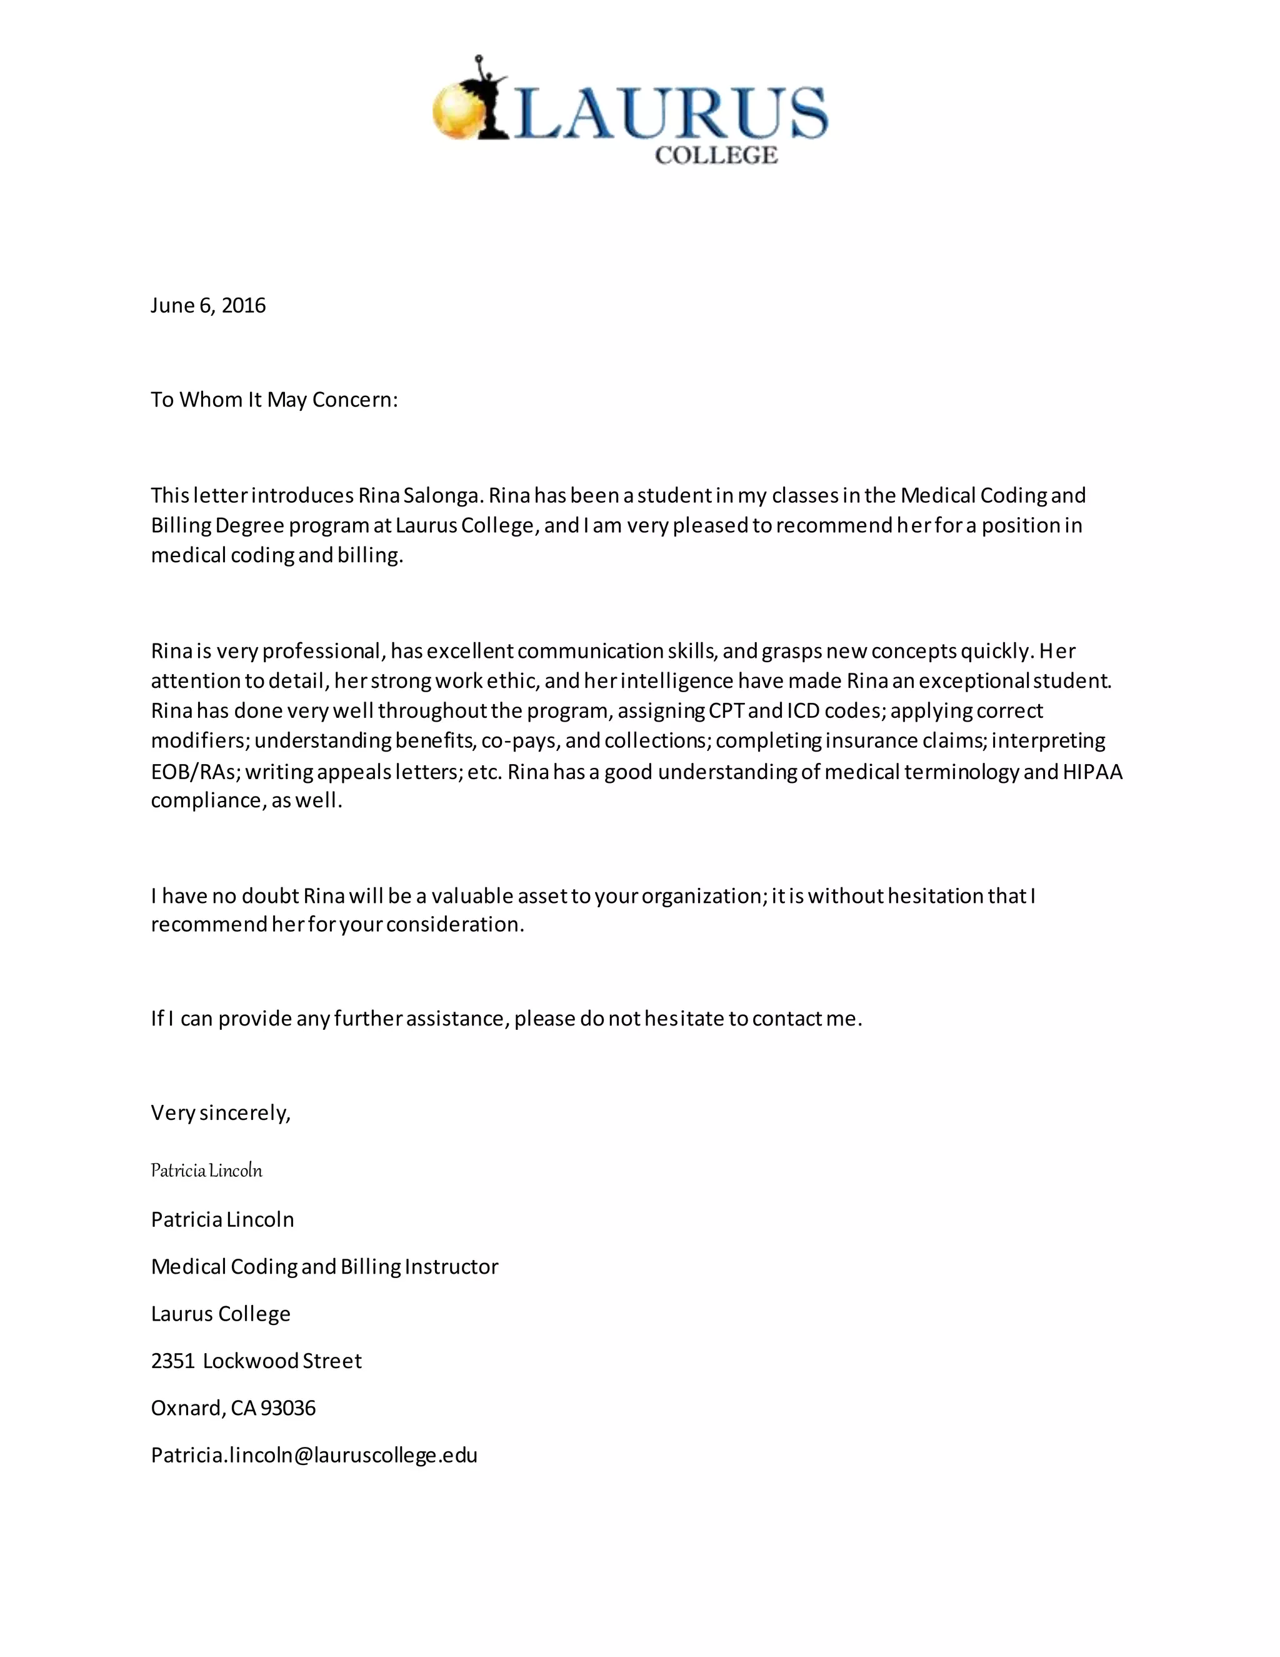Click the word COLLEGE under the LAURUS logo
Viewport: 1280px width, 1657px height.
[x=716, y=156]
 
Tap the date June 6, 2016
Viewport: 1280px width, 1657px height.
[x=207, y=305]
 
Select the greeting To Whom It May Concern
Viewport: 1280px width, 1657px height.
[x=274, y=400]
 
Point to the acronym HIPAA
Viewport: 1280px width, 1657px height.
[x=1092, y=772]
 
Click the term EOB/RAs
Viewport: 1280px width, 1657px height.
[x=195, y=772]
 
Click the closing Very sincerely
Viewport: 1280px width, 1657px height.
[x=221, y=1112]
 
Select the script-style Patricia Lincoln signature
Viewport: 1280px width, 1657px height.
[x=206, y=1170]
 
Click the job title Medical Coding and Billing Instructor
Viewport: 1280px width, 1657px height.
[x=324, y=1266]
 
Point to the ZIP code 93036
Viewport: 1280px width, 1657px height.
[x=288, y=1408]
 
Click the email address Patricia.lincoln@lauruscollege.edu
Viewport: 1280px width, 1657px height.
[x=314, y=1454]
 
